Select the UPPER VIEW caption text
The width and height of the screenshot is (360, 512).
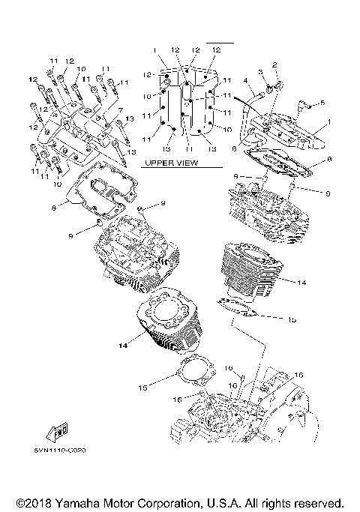(x=170, y=162)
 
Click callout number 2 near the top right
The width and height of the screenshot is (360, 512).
(x=275, y=65)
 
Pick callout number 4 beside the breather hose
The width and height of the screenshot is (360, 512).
(x=245, y=80)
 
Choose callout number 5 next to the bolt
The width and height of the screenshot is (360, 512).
(x=322, y=102)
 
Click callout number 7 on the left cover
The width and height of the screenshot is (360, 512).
(x=118, y=109)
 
